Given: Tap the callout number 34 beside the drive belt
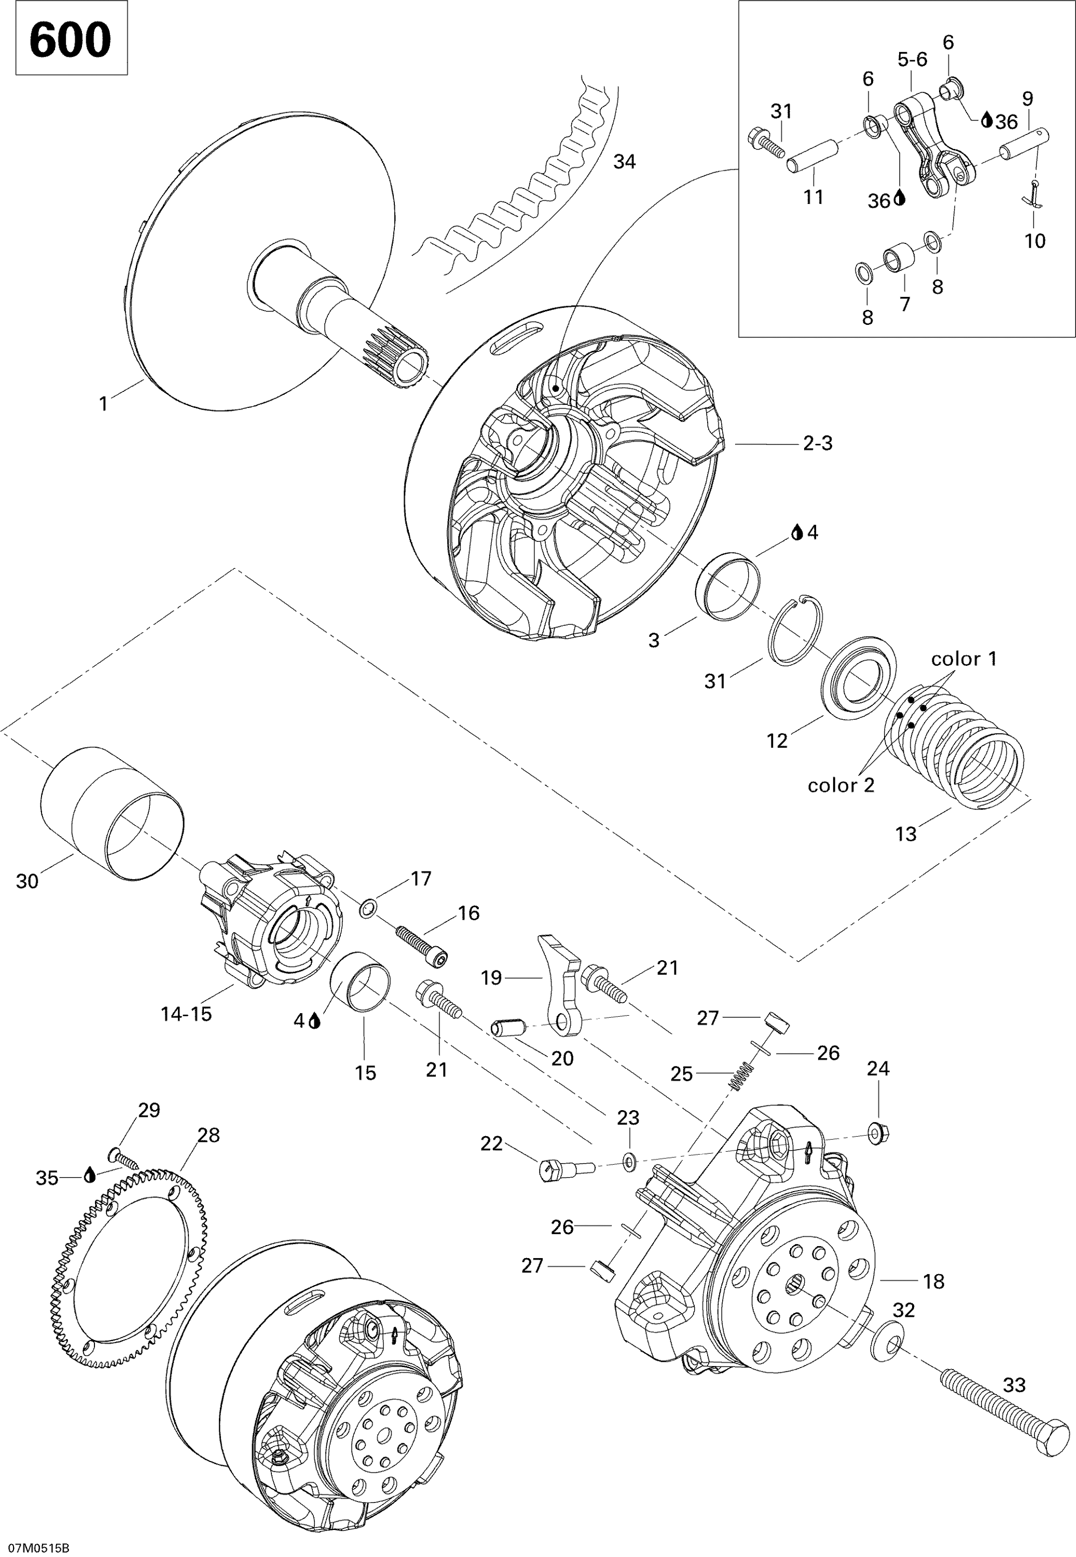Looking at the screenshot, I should [624, 162].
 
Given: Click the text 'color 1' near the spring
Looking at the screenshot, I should [963, 659].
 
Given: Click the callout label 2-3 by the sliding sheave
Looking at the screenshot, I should [818, 444].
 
